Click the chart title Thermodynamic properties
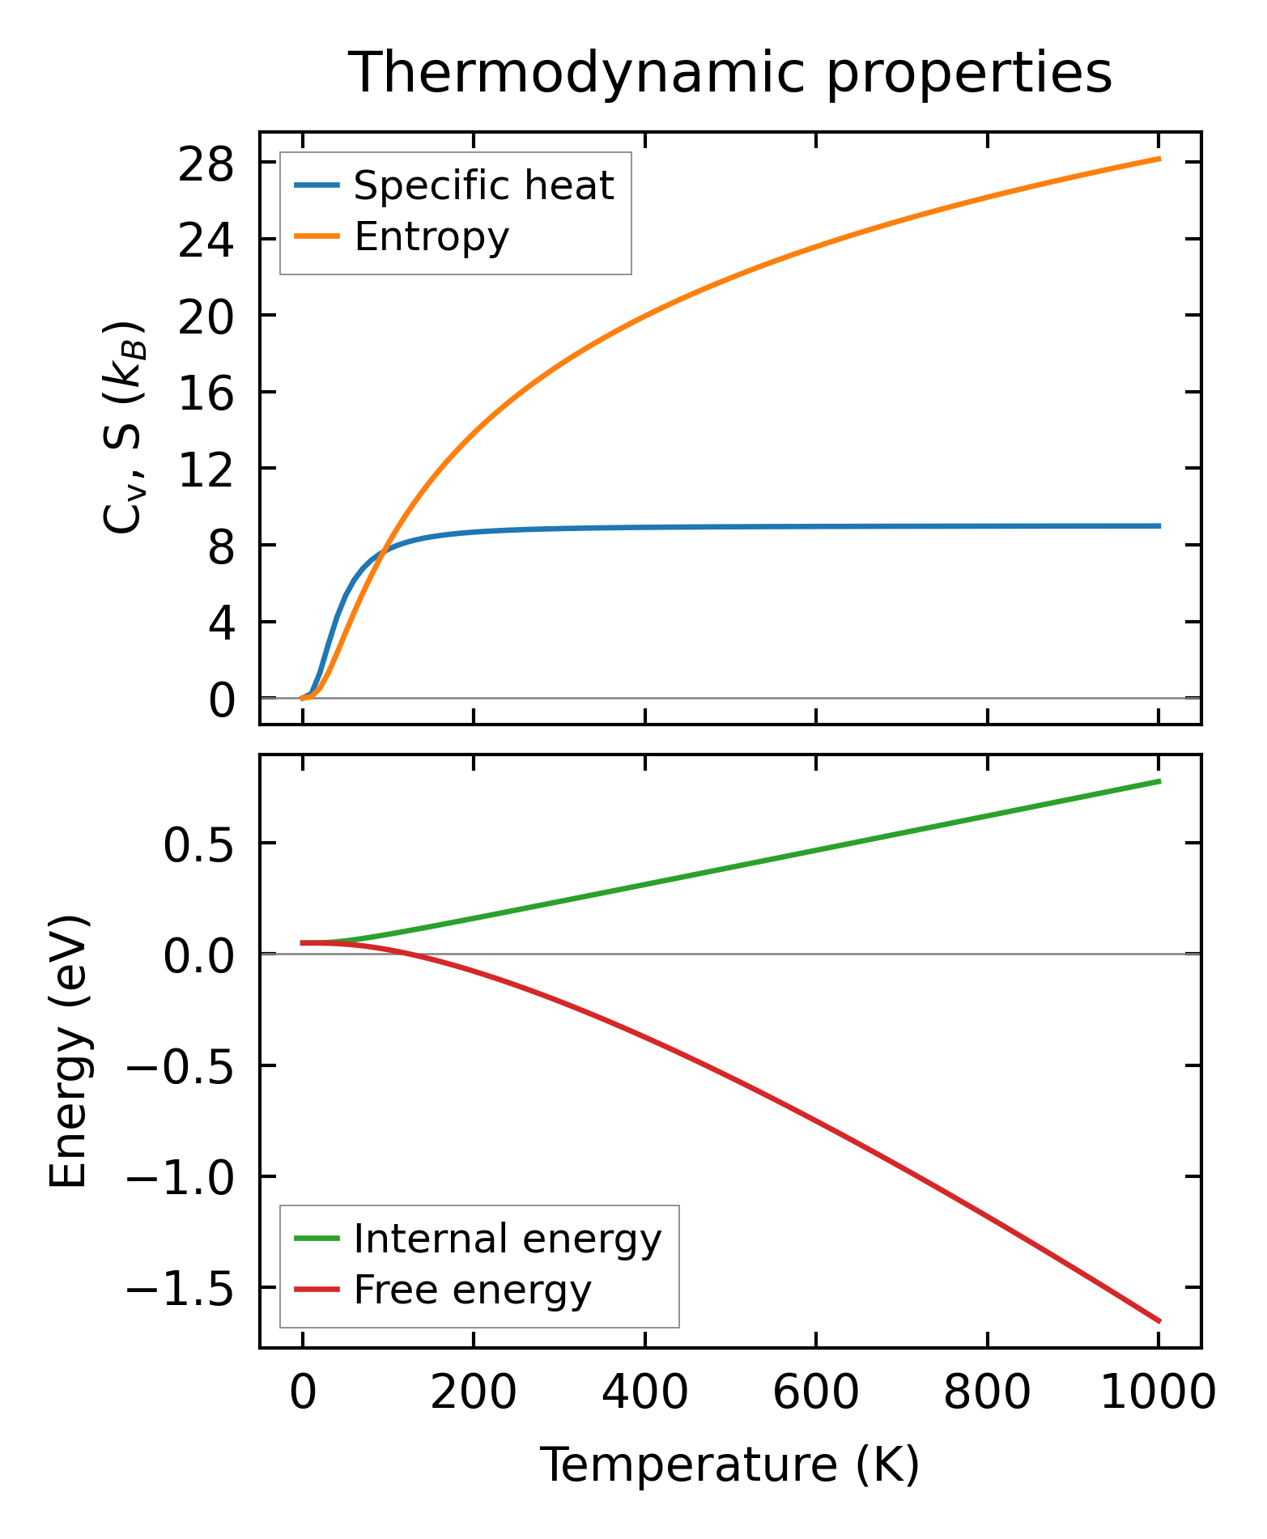(730, 73)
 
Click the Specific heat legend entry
(483, 185)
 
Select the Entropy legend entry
(431, 237)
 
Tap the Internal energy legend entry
(507, 1239)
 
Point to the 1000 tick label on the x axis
(1159, 1395)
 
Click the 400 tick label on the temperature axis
(644, 1395)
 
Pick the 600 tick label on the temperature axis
(816, 1395)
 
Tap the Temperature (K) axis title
(729, 1465)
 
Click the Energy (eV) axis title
(68, 1052)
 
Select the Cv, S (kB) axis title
(124, 427)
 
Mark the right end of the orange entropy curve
(1159, 159)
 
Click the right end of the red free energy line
(1159, 1321)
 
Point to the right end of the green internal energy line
(1159, 781)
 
